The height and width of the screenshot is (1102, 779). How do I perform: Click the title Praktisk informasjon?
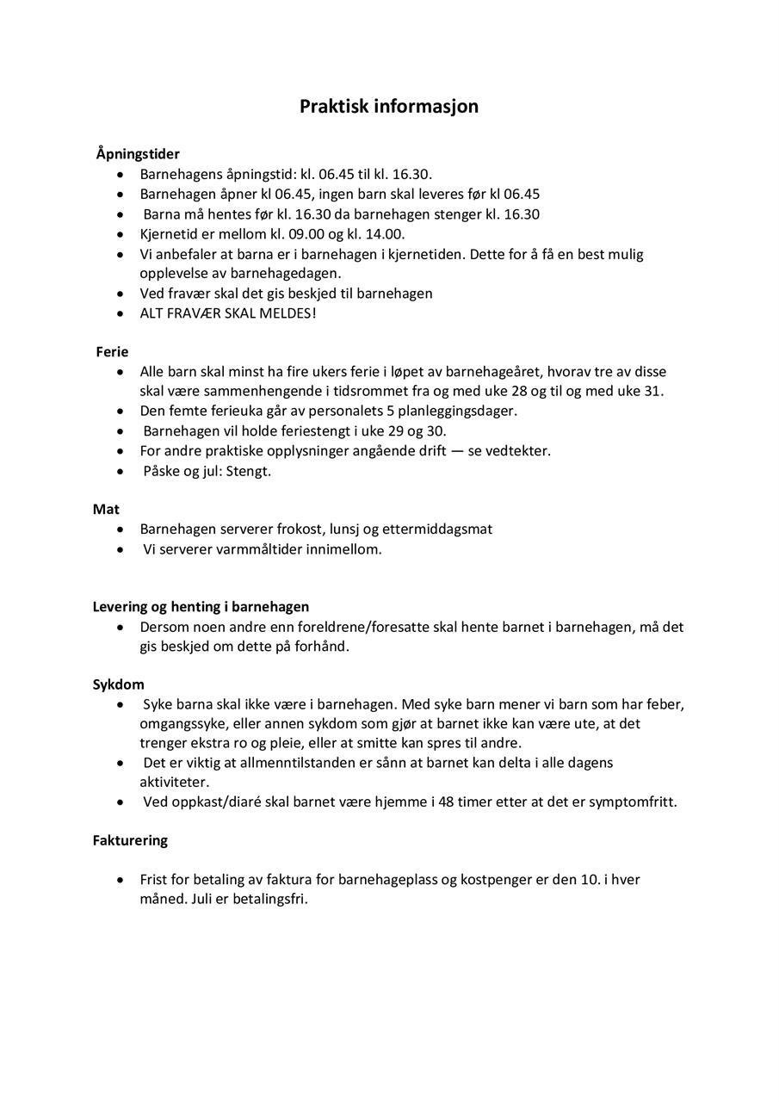tap(389, 107)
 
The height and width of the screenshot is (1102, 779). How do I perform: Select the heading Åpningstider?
tap(138, 154)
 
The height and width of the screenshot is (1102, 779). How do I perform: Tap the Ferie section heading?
tap(112, 352)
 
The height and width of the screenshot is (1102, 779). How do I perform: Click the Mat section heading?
tap(106, 510)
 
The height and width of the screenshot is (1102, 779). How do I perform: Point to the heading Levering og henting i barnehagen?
tap(201, 607)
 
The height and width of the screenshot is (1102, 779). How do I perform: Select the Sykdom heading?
tap(118, 685)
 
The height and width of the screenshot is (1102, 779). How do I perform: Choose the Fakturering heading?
tap(130, 840)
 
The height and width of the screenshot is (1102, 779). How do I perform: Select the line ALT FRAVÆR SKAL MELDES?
tap(228, 313)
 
